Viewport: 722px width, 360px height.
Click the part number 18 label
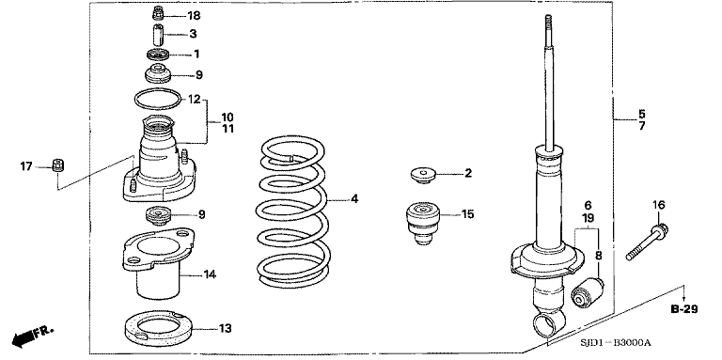pos(194,16)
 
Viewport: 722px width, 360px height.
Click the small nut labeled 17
pos(56,166)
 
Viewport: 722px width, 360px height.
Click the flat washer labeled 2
pos(424,174)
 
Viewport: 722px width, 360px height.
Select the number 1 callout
pos(196,54)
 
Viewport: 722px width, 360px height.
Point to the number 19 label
pos(587,217)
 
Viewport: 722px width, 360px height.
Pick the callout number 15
pos(467,214)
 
